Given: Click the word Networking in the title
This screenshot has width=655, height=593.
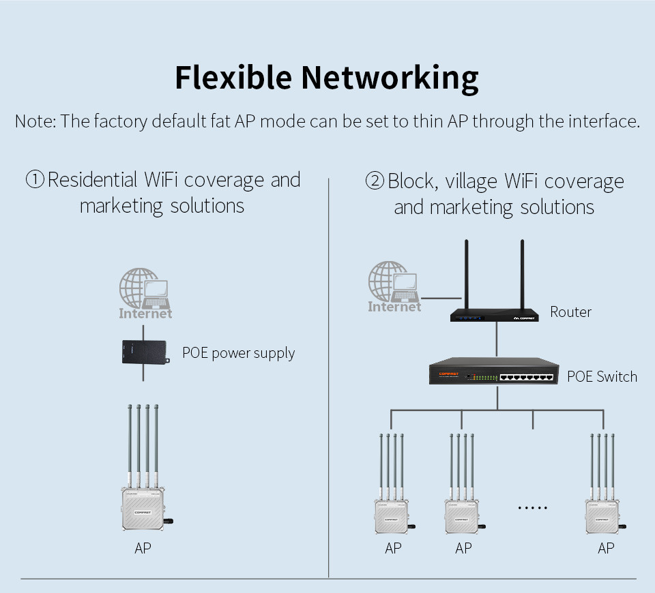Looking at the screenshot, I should point(390,78).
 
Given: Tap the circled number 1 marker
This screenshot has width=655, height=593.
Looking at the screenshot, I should point(35,180).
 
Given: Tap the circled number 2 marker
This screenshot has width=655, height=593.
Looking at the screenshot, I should point(375,181).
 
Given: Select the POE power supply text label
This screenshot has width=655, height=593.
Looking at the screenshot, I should point(238,353).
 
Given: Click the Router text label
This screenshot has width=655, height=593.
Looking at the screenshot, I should point(570,312).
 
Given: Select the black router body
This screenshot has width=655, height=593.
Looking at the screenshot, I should point(494,314).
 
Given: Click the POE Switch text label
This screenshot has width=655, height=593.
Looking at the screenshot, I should point(602,376).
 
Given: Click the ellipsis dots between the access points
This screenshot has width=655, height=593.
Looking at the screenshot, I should point(533,508).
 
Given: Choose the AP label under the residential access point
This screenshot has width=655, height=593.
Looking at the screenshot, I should point(143,548).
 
